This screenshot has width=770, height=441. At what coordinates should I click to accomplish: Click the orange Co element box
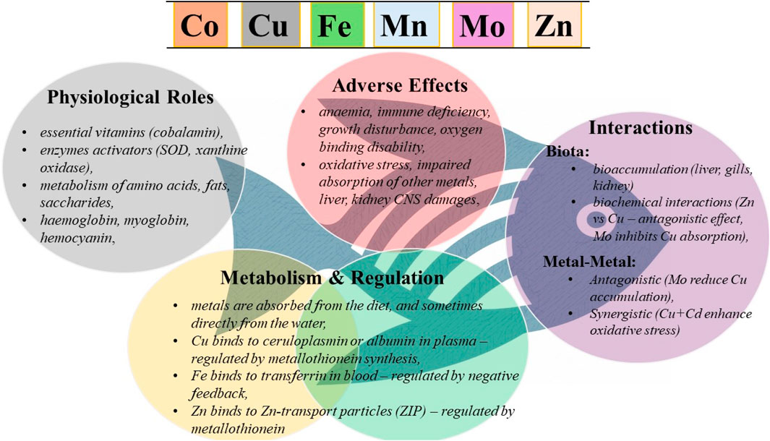(200, 25)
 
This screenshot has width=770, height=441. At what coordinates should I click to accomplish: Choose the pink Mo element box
(482, 25)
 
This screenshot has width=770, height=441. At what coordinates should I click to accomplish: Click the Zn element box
(553, 25)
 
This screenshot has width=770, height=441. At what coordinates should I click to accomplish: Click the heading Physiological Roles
(130, 97)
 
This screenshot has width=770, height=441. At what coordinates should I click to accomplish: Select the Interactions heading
(641, 129)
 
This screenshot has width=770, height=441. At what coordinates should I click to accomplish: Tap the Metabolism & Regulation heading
(332, 278)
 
